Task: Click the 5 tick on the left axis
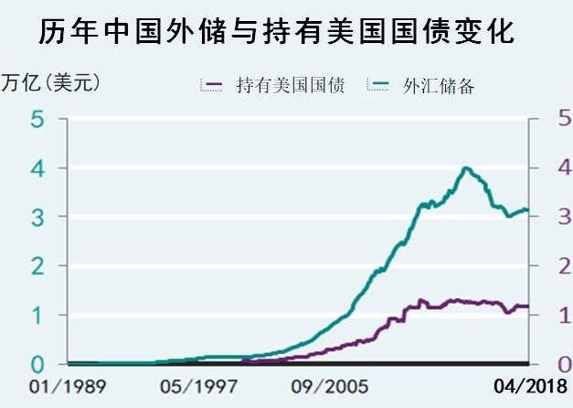37,120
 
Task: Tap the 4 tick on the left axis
37,168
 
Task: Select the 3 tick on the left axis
37,218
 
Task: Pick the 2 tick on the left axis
37,266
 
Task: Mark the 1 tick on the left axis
37,315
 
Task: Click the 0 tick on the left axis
37,363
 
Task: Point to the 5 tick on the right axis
563,120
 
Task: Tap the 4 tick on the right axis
563,168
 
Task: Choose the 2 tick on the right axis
563,266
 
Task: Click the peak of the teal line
466,167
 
